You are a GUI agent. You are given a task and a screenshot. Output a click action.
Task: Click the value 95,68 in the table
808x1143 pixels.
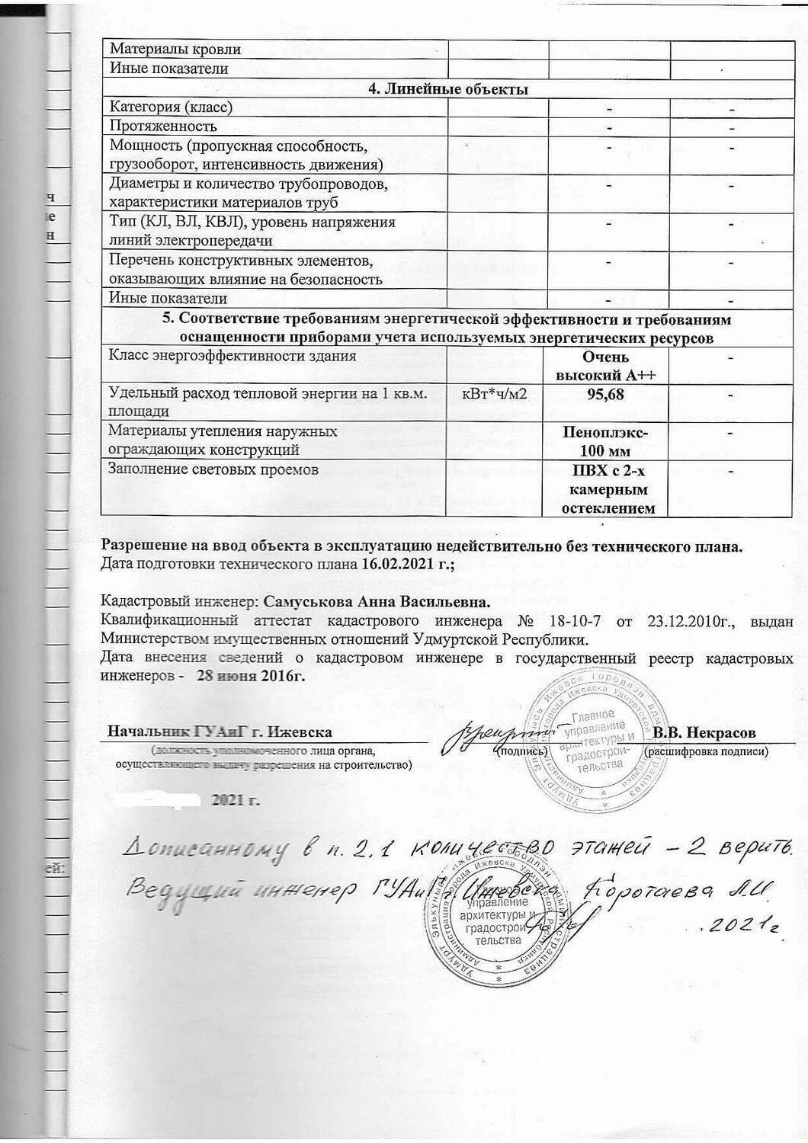pyautogui.click(x=606, y=395)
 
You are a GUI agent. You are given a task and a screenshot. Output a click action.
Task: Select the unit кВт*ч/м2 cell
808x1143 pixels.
pyautogui.click(x=495, y=394)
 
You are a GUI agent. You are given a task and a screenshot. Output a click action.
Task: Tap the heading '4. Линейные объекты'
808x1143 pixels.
pyautogui.click(x=448, y=88)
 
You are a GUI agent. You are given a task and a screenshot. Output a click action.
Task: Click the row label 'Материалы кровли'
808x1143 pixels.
pyautogui.click(x=175, y=49)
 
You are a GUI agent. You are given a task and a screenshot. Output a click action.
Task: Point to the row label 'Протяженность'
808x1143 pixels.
pyautogui.click(x=163, y=126)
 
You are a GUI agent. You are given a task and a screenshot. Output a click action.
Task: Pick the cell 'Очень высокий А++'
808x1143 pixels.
pyautogui.click(x=606, y=366)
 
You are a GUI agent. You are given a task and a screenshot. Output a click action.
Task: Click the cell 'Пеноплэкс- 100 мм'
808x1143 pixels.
pyautogui.click(x=606, y=440)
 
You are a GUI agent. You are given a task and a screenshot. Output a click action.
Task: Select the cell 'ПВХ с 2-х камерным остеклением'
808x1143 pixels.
pyautogui.click(x=606, y=488)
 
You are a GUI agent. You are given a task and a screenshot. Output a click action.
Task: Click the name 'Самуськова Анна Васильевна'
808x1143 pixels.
pyautogui.click(x=375, y=601)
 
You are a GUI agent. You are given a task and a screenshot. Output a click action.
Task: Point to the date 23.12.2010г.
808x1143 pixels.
pyautogui.click(x=691, y=621)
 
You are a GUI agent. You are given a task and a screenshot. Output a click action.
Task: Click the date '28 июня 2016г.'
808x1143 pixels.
pyautogui.click(x=251, y=676)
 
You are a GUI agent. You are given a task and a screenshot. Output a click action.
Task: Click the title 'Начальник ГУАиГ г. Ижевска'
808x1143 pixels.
pyautogui.click(x=220, y=732)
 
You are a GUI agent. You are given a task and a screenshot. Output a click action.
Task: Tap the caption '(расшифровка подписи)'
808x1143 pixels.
pyautogui.click(x=706, y=751)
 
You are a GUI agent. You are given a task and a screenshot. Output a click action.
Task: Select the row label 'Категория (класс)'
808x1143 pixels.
pyautogui.click(x=172, y=107)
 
